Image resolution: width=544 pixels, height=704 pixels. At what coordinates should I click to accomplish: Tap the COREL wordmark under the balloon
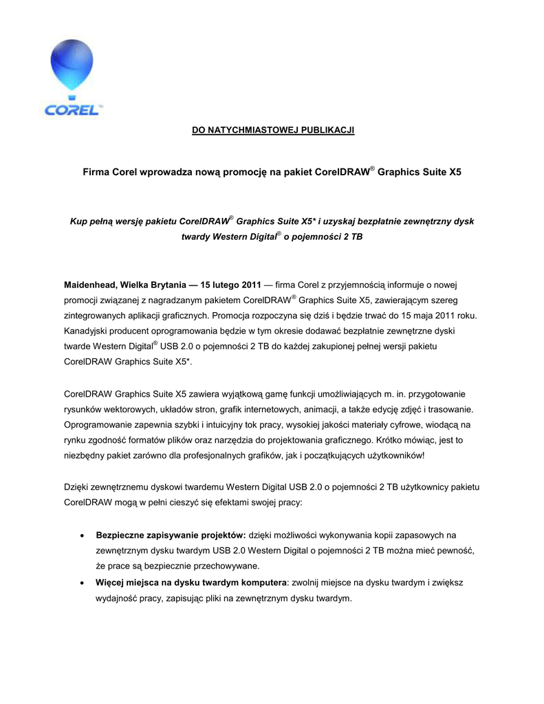coord(72,109)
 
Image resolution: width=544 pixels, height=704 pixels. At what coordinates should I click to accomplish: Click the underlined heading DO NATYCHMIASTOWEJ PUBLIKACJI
coord(272,131)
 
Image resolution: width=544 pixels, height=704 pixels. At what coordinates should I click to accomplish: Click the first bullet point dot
coord(83,535)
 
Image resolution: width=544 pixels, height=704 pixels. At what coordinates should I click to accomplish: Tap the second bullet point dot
coord(83,582)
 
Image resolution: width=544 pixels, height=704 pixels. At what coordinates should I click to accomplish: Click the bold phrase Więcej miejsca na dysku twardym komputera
coord(191,582)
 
